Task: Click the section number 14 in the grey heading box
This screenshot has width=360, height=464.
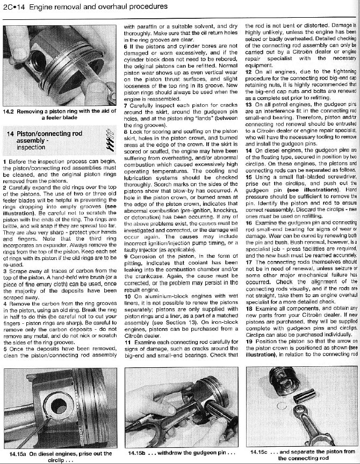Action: (10, 133)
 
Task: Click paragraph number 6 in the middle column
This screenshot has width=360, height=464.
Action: (126, 46)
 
